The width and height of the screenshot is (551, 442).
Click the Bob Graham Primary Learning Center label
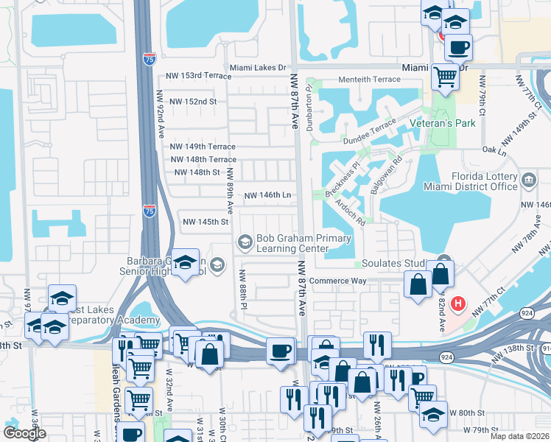coord(292,243)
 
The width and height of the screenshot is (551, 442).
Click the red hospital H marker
coord(458,303)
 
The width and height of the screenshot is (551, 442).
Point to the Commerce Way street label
coord(338,281)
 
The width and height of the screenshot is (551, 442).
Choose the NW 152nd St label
coord(193,102)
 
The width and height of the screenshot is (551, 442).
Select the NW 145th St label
coord(206,222)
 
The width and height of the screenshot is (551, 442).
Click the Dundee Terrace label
coord(369,134)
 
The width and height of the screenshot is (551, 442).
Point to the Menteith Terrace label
coord(369,80)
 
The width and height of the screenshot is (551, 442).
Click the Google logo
coord(25,432)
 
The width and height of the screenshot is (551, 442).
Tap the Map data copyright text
coord(520,436)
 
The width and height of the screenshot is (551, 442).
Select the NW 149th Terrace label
coord(203,147)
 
